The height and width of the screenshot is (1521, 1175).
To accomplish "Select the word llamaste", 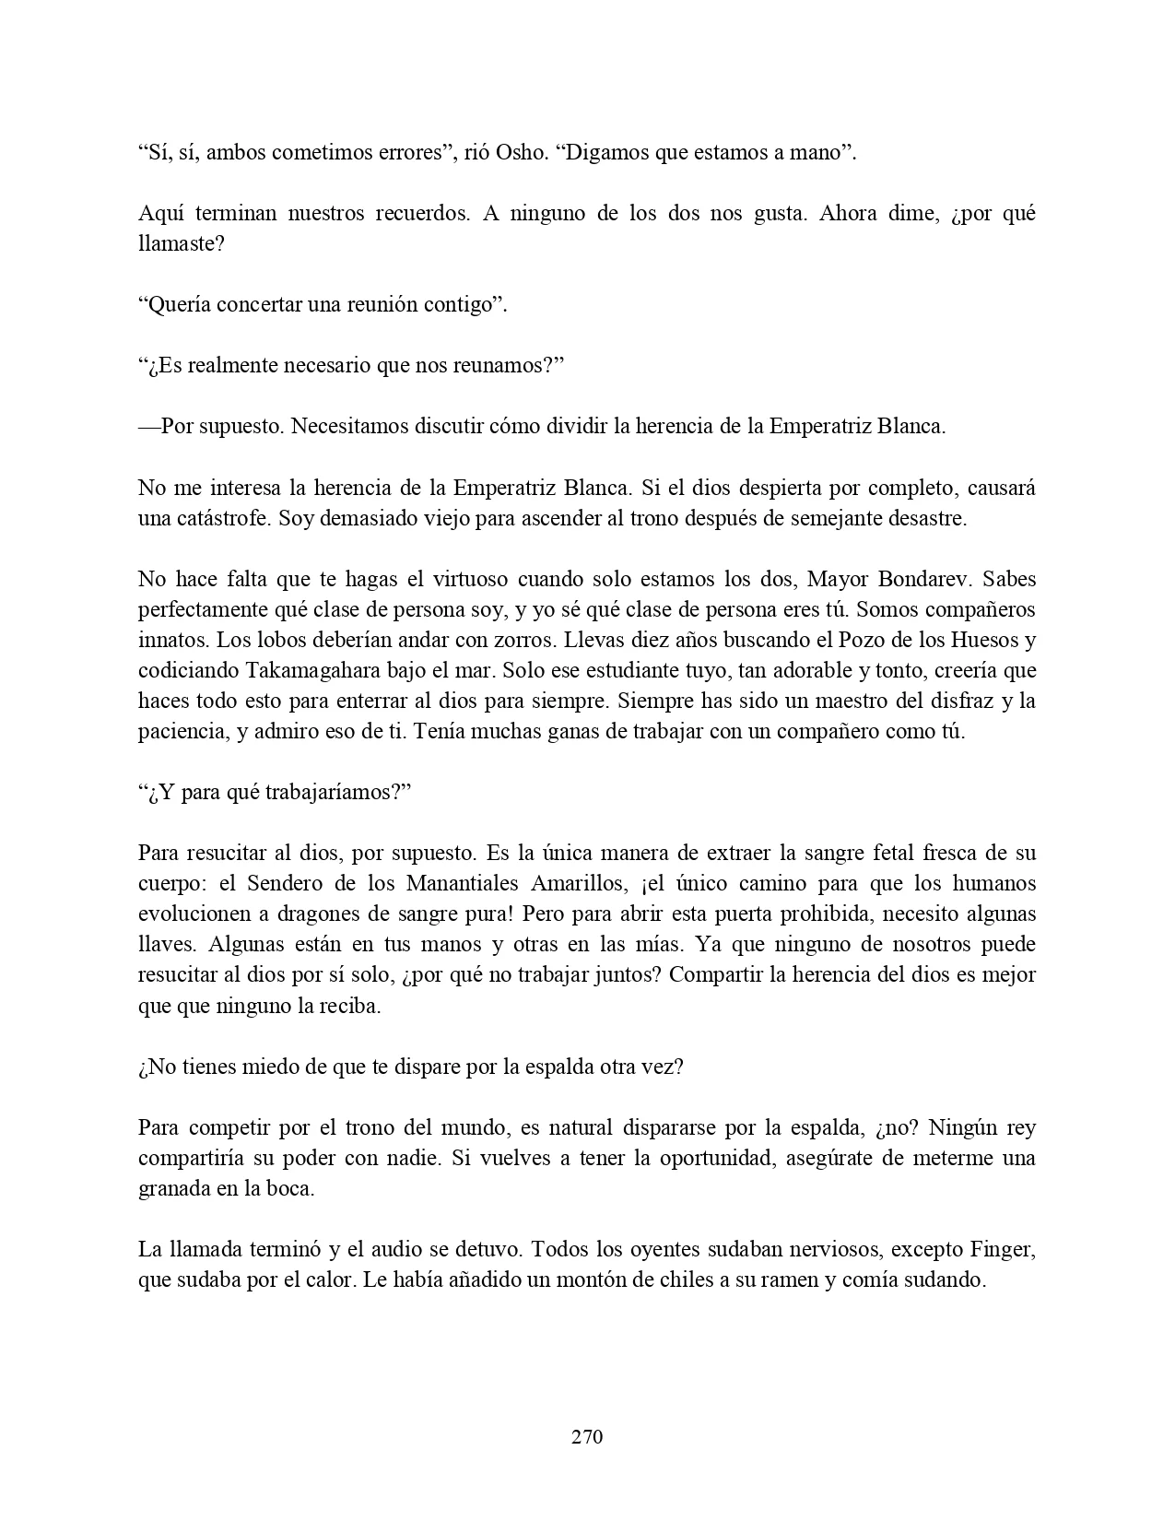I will (180, 243).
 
